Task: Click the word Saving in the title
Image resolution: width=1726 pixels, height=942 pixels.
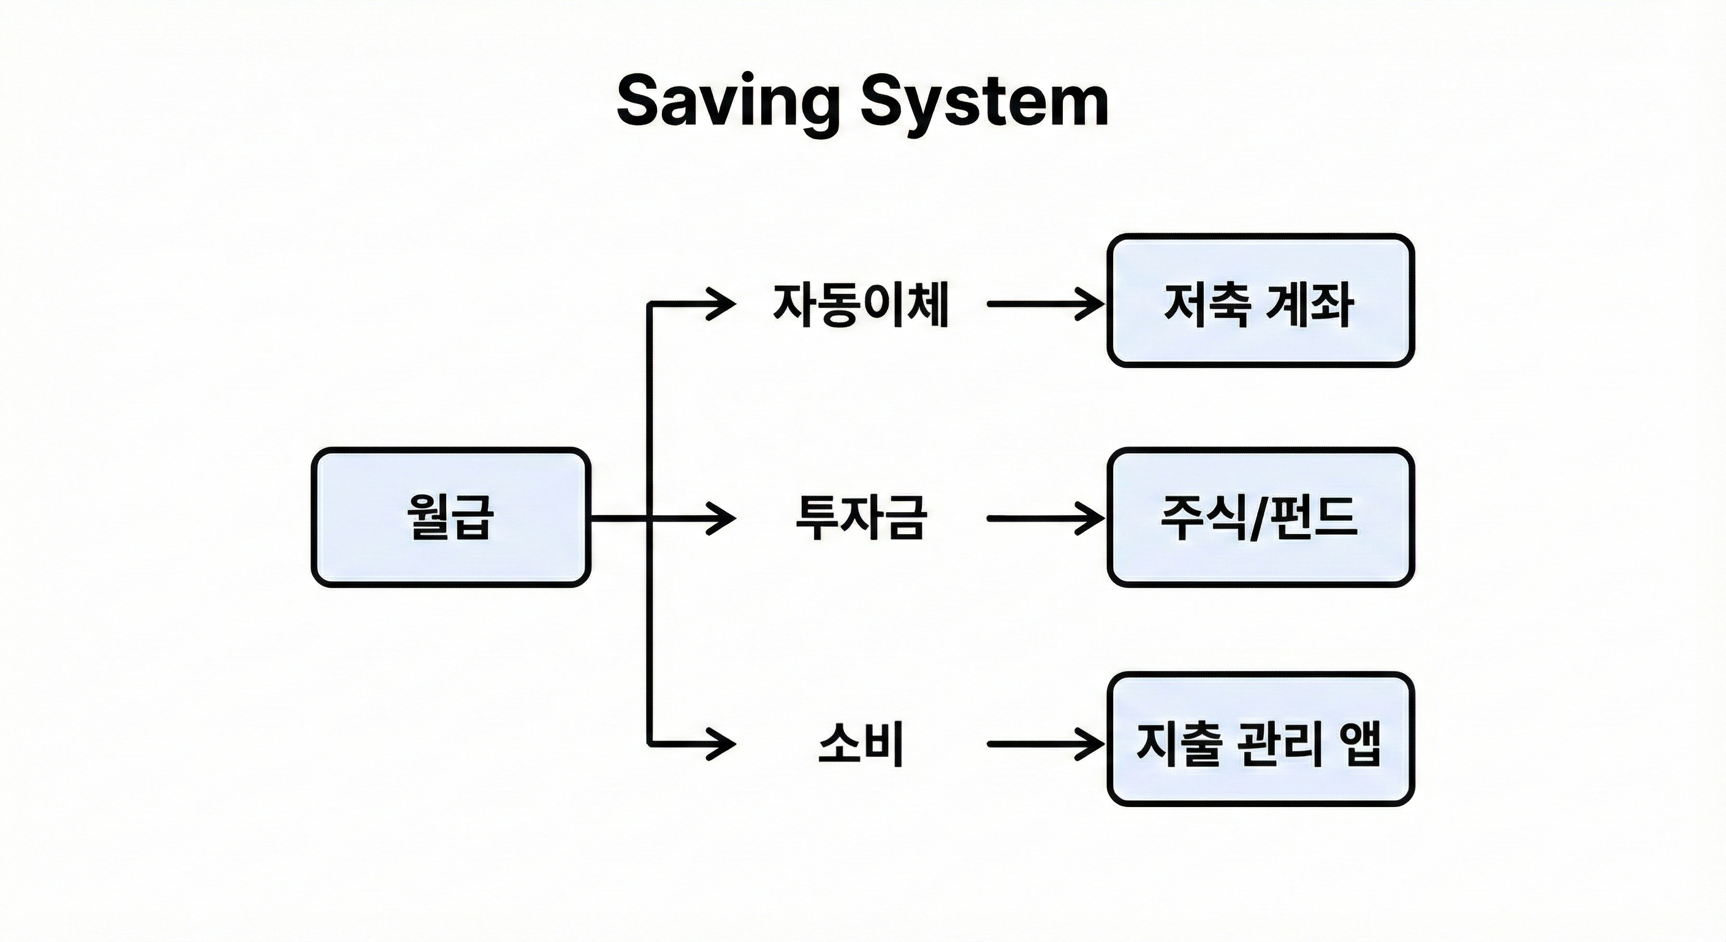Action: pyautogui.click(x=728, y=102)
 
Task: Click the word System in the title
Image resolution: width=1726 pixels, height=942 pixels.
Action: pyautogui.click(x=984, y=102)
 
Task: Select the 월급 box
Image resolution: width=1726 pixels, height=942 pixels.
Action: pyautogui.click(x=451, y=517)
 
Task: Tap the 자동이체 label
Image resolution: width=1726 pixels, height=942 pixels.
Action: pyautogui.click(x=861, y=304)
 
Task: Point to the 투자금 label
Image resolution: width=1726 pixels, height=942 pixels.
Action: pyautogui.click(x=861, y=518)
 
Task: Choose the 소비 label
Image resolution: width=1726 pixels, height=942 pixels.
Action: pyautogui.click(x=861, y=743)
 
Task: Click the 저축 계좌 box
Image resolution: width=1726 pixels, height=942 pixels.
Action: pyautogui.click(x=1260, y=301)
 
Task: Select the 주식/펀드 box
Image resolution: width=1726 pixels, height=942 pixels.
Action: pyautogui.click(x=1260, y=517)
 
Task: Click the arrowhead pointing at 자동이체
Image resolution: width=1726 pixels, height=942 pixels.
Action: pyautogui.click(x=724, y=304)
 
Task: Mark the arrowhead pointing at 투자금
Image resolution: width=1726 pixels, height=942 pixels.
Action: pyautogui.click(x=724, y=518)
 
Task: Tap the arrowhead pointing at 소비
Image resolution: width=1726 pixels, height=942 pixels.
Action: pyautogui.click(x=724, y=743)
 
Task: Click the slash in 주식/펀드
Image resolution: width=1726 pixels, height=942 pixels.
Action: pyautogui.click(x=1260, y=518)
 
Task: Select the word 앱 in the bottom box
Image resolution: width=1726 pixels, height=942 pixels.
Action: pyautogui.click(x=1360, y=744)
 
